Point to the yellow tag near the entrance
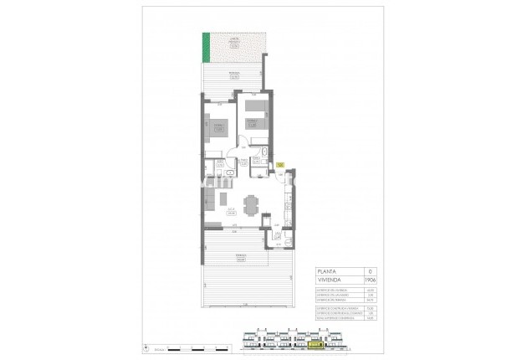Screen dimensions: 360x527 click(x=280, y=164)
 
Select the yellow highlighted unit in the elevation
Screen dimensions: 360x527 click(x=315, y=343)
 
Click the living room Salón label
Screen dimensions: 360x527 click(x=229, y=211)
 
